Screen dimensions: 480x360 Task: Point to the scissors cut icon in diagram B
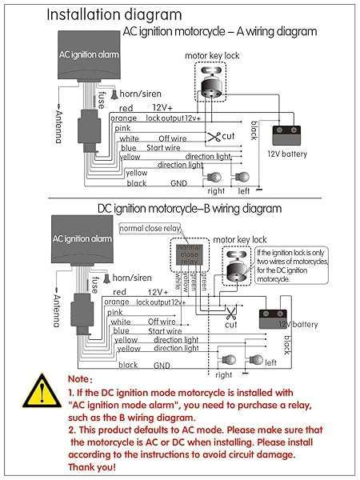[230, 313]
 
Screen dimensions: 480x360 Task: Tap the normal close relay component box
[189, 254]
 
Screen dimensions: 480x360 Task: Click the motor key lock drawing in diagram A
[212, 85]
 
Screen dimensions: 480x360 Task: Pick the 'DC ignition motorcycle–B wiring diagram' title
[189, 209]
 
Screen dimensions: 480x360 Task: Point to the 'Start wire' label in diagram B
[166, 330]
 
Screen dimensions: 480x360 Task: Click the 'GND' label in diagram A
[177, 182]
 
